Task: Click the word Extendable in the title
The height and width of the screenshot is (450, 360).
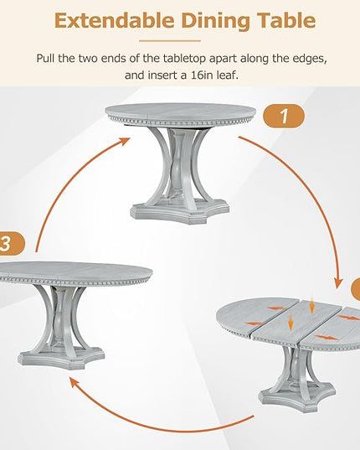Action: coord(114,21)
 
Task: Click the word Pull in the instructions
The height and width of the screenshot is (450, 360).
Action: coord(45,59)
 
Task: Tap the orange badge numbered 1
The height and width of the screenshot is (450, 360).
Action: coord(284,116)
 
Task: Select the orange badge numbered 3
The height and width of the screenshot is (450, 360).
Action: coord(11,244)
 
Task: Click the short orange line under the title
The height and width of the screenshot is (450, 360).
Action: coord(170,41)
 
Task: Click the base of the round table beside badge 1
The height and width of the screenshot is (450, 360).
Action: coord(180,212)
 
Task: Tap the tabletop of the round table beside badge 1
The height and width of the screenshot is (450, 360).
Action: coord(181,112)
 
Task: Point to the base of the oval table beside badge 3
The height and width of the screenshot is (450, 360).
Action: coord(61,358)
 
